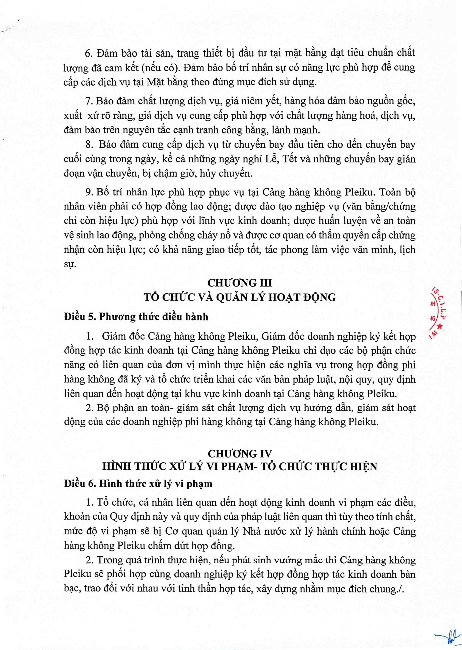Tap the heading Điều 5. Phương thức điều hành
click(136, 317)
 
